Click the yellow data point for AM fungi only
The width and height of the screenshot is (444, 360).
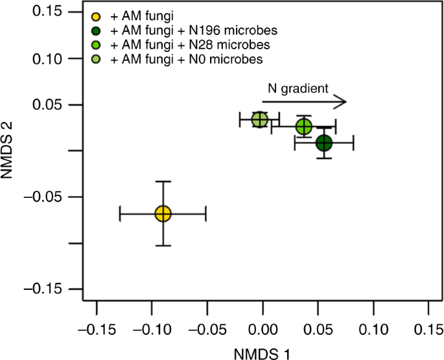163,213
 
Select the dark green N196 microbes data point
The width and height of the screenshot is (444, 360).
324,143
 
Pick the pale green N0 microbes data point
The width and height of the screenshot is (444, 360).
260,119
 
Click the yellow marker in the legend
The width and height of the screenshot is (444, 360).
97,15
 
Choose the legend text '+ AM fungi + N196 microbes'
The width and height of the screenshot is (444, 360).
172,30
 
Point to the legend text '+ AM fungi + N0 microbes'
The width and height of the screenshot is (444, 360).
167,60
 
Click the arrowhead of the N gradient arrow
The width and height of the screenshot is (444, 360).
342,101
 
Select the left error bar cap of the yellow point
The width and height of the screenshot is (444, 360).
120,213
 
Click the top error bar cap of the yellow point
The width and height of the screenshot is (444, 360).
163,182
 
